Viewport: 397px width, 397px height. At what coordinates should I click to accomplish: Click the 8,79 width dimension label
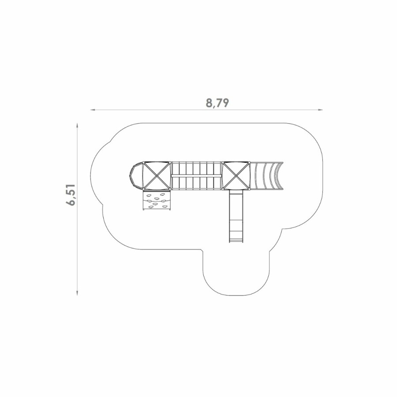217,103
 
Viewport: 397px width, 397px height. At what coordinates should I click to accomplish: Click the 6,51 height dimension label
71,195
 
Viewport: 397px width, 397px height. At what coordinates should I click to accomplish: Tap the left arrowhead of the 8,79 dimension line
93,110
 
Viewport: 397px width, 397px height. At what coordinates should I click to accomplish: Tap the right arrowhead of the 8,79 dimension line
321,110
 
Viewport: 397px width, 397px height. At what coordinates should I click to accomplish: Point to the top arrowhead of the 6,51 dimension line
77,126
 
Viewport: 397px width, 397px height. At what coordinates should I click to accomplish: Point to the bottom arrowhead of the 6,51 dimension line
77,293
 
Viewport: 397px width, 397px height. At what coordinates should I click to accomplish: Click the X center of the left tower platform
157,176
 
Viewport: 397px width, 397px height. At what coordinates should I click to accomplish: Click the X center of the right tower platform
236,176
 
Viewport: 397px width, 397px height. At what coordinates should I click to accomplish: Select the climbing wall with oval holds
157,200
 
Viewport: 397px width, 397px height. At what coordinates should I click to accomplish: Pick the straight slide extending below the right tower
236,216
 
